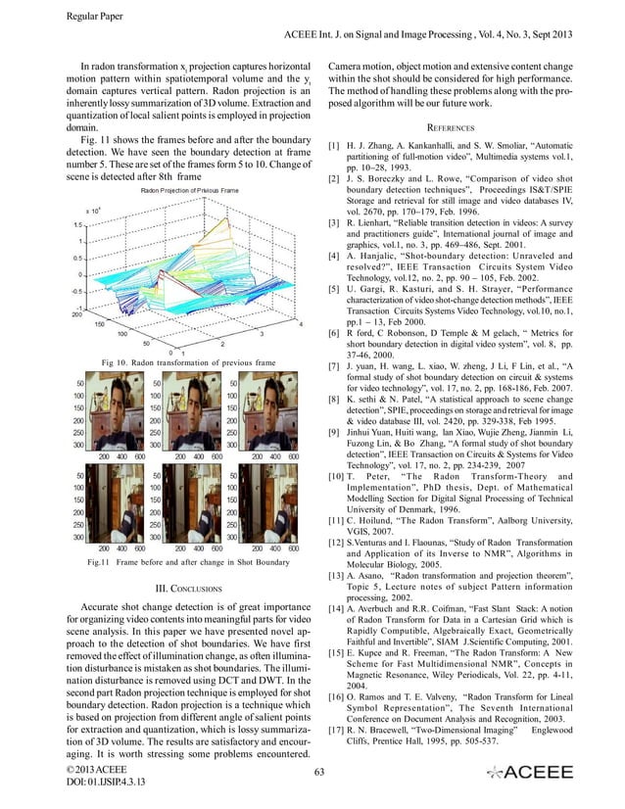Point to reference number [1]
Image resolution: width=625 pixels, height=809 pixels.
(333, 145)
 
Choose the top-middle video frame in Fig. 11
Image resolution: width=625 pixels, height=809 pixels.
(194, 411)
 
